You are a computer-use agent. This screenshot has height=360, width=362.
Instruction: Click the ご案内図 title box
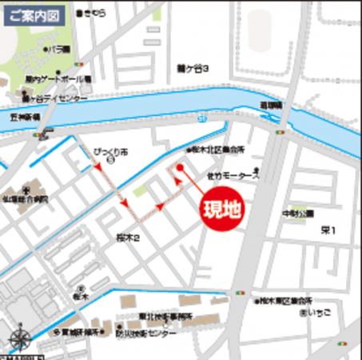(x=30, y=15)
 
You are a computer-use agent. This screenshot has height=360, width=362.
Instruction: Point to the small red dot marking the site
(x=181, y=168)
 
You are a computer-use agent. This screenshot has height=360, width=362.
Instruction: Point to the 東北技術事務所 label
(x=165, y=316)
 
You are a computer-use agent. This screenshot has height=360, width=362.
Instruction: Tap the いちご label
(x=322, y=314)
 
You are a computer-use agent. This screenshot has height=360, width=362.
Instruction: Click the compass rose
(x=22, y=338)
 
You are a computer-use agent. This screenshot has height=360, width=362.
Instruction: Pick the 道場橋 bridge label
(x=270, y=105)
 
